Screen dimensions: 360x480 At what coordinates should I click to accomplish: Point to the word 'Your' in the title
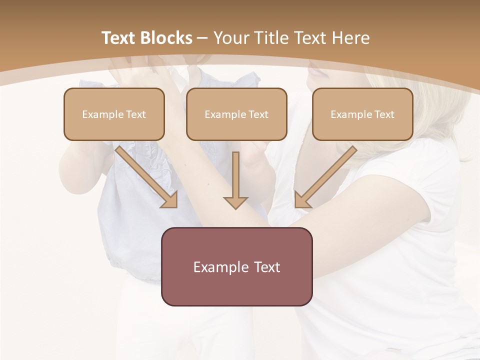pos(231,38)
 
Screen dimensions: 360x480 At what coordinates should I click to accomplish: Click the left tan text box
pos(114,114)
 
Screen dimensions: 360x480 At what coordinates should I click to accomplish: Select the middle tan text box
pos(236,114)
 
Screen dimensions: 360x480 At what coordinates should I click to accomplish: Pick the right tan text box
pos(362,114)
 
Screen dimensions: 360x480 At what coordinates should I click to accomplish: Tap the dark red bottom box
pos(236,266)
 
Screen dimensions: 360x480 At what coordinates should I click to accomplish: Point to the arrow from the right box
pos(327,175)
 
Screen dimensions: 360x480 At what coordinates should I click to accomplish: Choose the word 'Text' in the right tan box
pos(384,114)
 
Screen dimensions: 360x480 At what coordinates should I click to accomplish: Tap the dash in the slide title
pos(203,38)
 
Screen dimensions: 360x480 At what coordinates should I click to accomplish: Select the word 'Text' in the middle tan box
pos(258,114)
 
